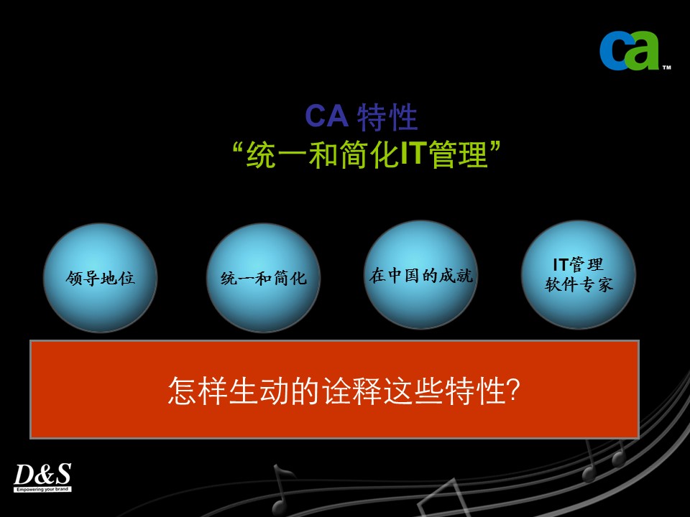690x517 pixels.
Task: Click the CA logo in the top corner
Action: click(x=630, y=50)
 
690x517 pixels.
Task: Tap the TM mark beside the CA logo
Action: click(x=667, y=67)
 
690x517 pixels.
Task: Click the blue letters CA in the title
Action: click(x=326, y=116)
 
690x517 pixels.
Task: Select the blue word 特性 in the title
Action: click(x=387, y=117)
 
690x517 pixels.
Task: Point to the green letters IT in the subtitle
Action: click(x=413, y=153)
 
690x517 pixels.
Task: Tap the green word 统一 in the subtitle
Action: click(x=276, y=154)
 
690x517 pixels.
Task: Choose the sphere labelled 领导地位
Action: click(x=101, y=278)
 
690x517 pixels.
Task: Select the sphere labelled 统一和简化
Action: click(x=264, y=278)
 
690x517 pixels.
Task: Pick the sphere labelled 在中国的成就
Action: click(x=421, y=275)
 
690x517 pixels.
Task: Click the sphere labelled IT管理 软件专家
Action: click(x=579, y=275)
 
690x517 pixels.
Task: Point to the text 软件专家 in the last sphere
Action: click(x=579, y=285)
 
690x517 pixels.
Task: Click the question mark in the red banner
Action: click(x=513, y=389)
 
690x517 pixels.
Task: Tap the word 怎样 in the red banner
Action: click(x=198, y=391)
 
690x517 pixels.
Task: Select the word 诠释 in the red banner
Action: click(x=352, y=391)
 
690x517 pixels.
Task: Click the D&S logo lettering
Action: click(x=42, y=474)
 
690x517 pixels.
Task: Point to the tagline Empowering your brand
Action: click(x=42, y=489)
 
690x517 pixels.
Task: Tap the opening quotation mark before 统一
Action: click(x=238, y=146)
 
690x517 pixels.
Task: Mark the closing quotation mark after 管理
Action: click(x=495, y=146)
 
